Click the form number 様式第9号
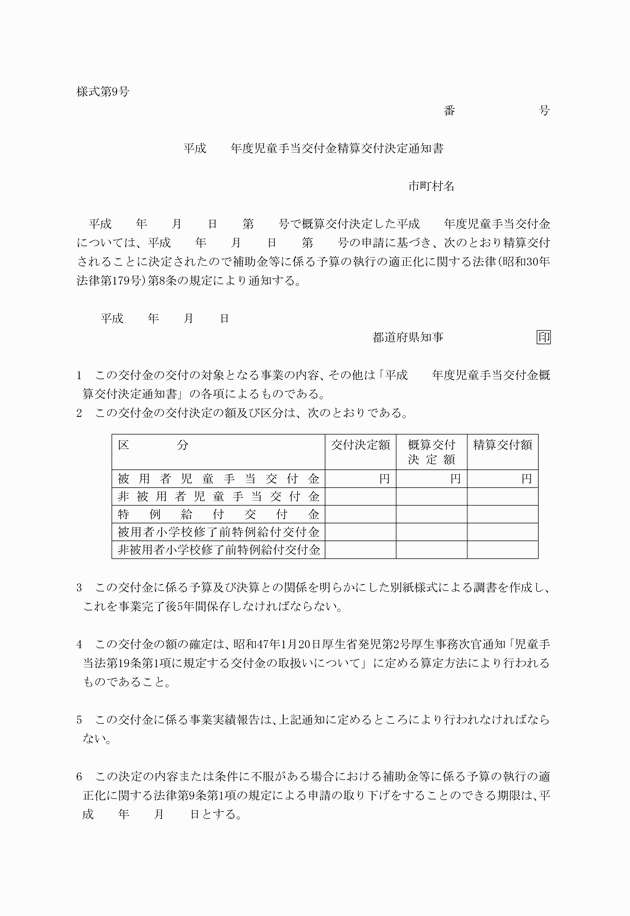click(103, 92)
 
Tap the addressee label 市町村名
click(431, 186)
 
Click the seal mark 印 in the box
click(543, 338)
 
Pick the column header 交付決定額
click(361, 444)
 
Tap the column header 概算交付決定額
click(431, 451)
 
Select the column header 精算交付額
click(502, 444)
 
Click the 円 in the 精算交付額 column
click(526, 479)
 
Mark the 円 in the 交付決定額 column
click(384, 479)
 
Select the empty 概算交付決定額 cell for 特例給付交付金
click(431, 514)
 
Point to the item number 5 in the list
click(79, 719)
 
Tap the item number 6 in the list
click(79, 777)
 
